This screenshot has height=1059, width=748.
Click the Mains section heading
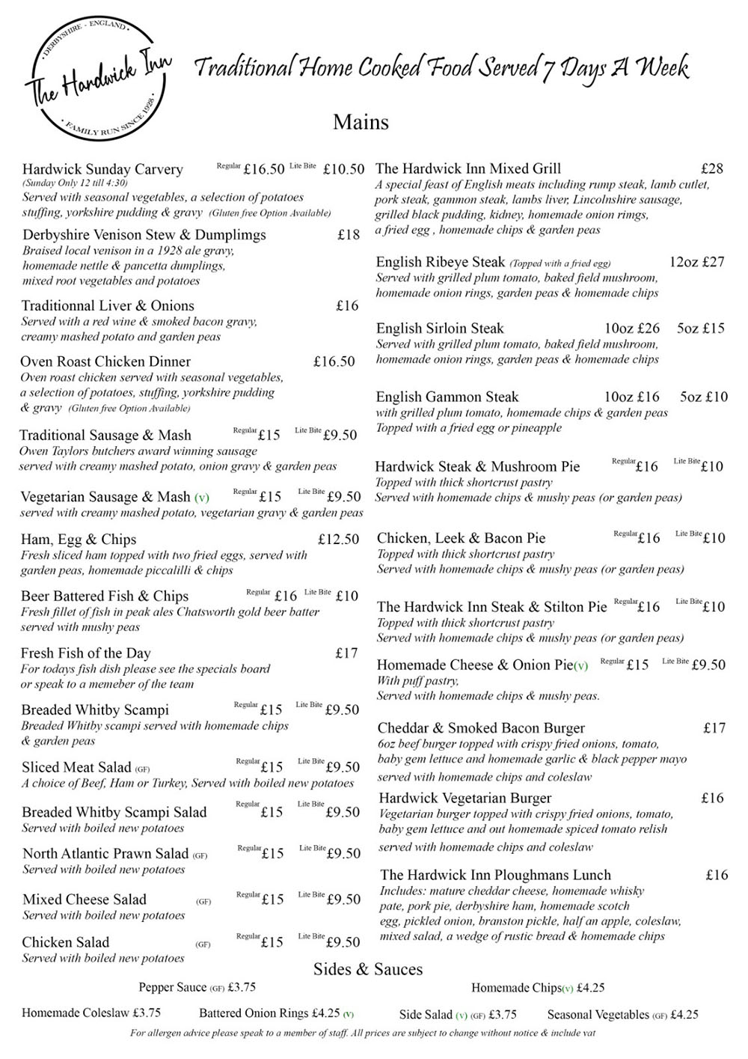pos(361,122)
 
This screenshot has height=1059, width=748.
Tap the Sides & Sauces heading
pos(368,969)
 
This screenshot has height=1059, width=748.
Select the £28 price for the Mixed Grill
pos(712,168)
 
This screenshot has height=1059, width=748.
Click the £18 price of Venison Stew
pos(348,235)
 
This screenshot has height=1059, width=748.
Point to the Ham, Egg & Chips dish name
pos(79,539)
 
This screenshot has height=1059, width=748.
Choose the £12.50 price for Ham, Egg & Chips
pos(338,539)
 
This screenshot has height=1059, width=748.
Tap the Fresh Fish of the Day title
pos(85,653)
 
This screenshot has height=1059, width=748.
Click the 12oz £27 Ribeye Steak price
pos(696,262)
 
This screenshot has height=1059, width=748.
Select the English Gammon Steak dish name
pos(447,397)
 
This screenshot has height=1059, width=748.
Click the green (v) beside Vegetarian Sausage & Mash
pos(201,497)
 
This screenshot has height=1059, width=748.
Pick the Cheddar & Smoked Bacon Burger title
pos(481,727)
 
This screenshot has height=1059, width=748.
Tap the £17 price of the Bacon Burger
pos(714,727)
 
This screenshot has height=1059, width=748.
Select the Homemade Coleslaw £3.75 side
pos(91,1014)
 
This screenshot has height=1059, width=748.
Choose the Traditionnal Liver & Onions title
pos(108,305)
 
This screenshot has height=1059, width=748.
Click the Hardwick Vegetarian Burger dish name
pos(465,798)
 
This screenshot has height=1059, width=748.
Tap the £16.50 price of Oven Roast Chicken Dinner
pos(334,361)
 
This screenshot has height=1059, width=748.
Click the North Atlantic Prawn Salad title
pos(105,853)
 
